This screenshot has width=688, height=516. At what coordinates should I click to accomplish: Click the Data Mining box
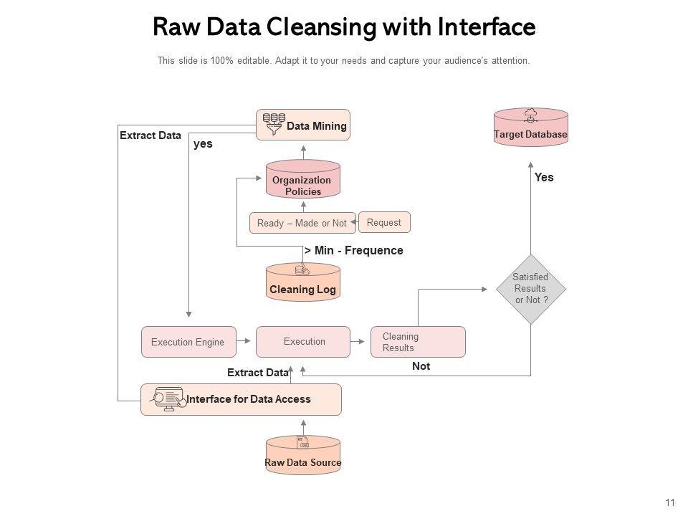pos(303,125)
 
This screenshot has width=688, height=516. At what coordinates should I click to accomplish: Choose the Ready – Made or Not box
pos(302,223)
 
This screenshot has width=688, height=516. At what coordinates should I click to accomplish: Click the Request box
pos(383,222)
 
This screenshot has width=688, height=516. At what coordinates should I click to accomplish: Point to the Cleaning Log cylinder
pos(303,282)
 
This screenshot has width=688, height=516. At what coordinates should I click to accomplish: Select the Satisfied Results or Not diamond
pos(531,289)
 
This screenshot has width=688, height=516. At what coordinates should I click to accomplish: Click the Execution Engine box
pos(188,342)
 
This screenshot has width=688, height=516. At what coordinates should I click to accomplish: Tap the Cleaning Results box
pos(418,342)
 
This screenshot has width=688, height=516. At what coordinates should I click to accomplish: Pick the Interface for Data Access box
pos(241,399)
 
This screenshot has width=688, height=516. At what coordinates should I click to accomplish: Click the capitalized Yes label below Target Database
pos(544,177)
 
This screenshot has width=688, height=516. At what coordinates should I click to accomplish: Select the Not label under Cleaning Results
pos(421,366)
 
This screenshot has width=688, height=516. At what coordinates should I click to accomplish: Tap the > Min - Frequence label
pos(354,251)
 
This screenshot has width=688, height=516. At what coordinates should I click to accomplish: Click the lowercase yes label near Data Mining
pos(203,143)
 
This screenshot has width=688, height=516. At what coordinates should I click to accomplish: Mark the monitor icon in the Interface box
pos(170,398)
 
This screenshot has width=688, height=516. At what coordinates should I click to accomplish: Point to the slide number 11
pos(671,502)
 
